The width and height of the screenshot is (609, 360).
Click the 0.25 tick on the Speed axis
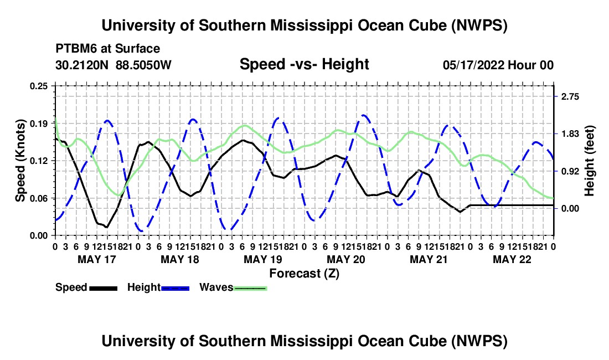tap(38, 86)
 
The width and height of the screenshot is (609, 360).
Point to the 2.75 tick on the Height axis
tap(570, 97)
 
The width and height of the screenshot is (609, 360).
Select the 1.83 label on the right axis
tap(570, 134)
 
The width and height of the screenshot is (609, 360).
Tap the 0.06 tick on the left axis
tap(38, 198)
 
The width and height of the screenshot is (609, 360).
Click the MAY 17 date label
tap(97, 259)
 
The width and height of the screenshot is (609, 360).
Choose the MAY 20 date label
tap(345, 259)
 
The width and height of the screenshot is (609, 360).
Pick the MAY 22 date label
tap(512, 259)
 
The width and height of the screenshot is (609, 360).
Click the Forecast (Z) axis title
tap(304, 274)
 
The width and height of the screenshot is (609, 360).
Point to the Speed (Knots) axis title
tap(20, 161)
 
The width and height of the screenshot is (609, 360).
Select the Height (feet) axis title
tap(589, 161)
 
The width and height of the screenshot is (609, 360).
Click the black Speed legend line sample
tap(104, 288)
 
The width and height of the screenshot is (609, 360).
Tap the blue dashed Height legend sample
tap(175, 288)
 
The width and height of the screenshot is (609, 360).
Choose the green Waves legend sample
tap(250, 288)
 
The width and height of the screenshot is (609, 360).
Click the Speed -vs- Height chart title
tap(304, 64)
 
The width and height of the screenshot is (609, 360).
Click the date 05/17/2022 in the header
tap(473, 65)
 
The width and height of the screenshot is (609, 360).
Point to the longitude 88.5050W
tap(143, 65)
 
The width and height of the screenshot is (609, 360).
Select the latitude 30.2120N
tap(81, 65)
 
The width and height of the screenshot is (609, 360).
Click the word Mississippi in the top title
tap(312, 25)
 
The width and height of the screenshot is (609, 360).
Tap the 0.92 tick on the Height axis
tap(570, 171)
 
